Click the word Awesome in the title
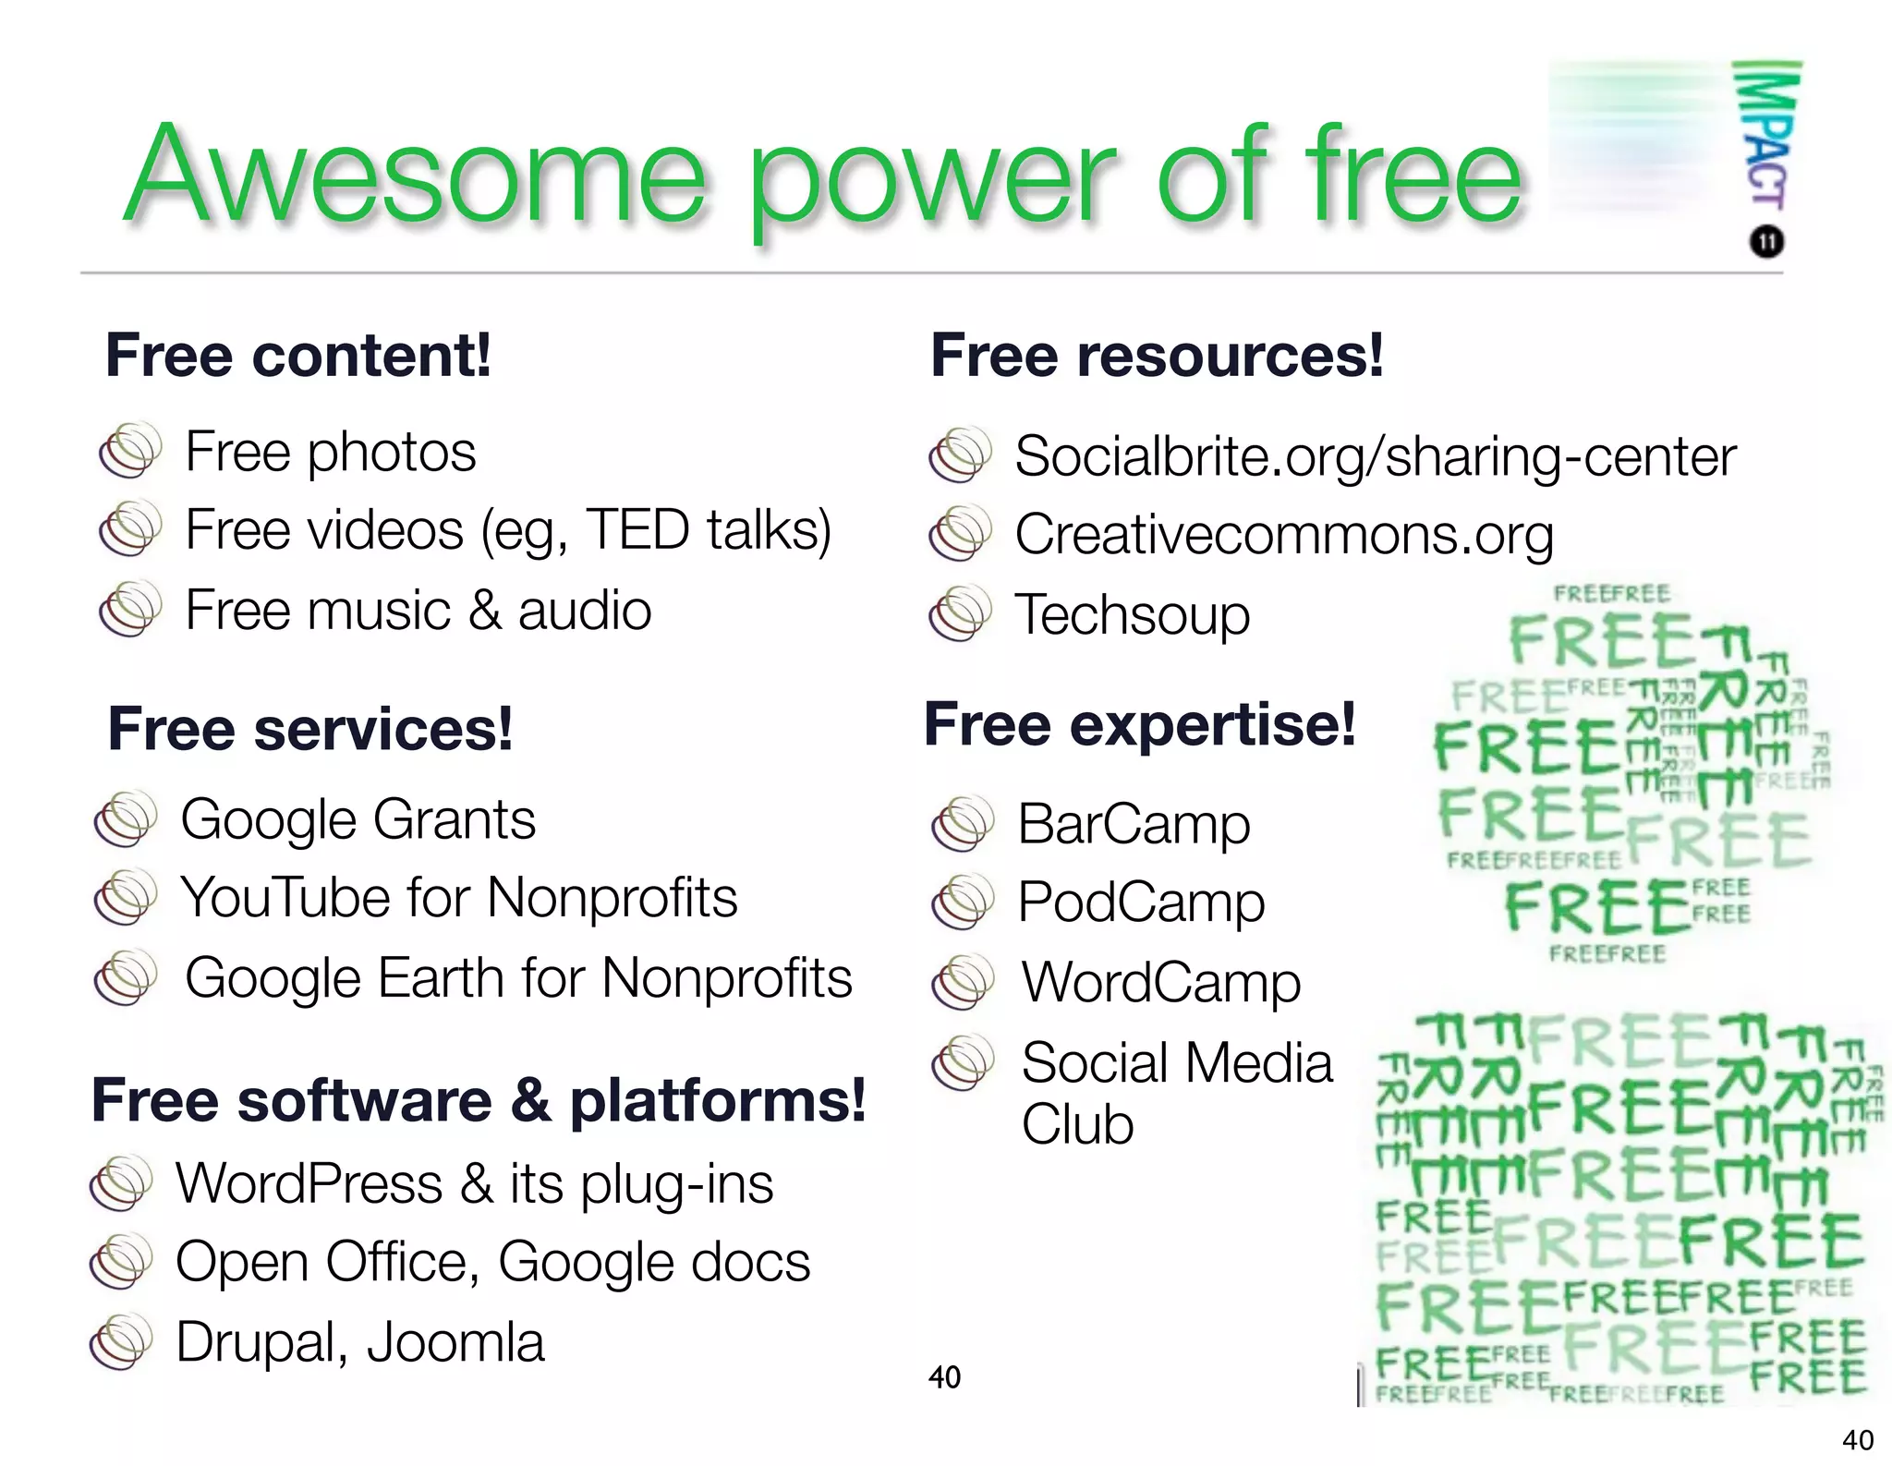(x=416, y=176)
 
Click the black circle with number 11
(x=1766, y=242)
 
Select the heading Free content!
(x=298, y=356)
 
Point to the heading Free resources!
(x=1157, y=356)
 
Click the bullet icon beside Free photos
(x=130, y=450)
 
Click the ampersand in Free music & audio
(x=484, y=611)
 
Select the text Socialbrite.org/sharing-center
(x=1375, y=456)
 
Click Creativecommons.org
(x=1284, y=535)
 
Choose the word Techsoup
(x=1132, y=615)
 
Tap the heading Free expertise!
(x=1140, y=724)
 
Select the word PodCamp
(x=1141, y=903)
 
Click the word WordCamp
(x=1161, y=982)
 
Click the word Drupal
(x=261, y=1342)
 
